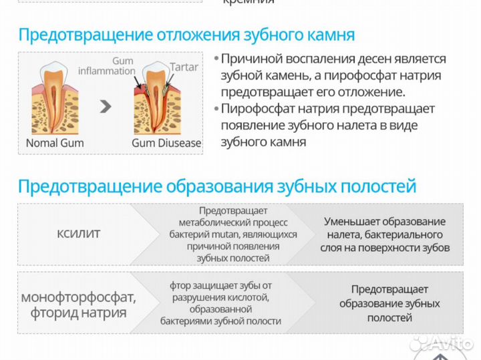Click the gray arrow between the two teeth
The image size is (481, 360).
tap(105, 106)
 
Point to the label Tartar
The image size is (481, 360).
tap(184, 67)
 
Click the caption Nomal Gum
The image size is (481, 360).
tap(53, 143)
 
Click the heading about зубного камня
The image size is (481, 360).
tap(186, 35)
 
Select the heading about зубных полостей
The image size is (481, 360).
tap(216, 186)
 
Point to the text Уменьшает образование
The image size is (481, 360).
tap(384, 221)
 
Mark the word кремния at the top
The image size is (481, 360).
tap(248, 2)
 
